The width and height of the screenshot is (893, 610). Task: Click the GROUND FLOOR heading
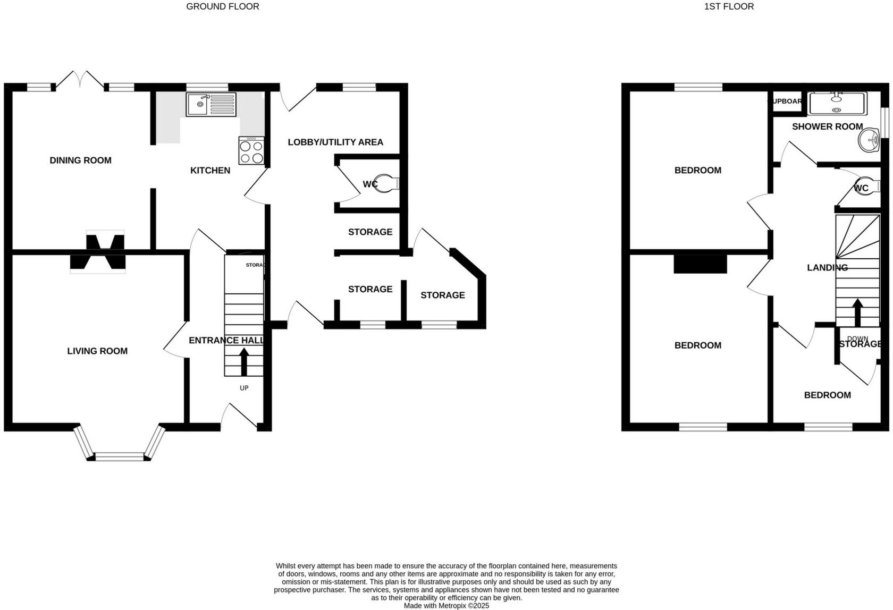click(223, 6)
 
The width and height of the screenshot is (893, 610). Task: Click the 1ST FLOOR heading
click(729, 6)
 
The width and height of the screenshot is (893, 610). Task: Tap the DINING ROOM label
click(81, 160)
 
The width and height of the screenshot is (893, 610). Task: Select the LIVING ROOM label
click(97, 351)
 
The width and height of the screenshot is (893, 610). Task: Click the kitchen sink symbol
click(210, 104)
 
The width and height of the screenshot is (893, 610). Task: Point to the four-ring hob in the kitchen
click(251, 150)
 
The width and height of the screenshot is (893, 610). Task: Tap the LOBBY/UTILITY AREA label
click(335, 142)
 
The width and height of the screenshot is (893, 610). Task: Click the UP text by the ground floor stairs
click(244, 388)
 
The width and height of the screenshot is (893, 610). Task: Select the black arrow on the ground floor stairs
click(244, 361)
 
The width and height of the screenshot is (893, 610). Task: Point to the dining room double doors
click(80, 80)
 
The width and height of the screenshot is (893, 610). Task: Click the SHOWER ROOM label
click(827, 126)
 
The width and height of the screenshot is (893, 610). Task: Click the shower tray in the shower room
click(837, 103)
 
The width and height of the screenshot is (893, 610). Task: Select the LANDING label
click(827, 268)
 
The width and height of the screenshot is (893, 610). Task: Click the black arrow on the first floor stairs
click(857, 312)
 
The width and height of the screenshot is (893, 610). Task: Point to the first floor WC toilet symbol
click(867, 185)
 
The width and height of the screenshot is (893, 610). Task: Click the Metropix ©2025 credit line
click(446, 605)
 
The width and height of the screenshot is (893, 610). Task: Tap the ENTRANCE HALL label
click(226, 340)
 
